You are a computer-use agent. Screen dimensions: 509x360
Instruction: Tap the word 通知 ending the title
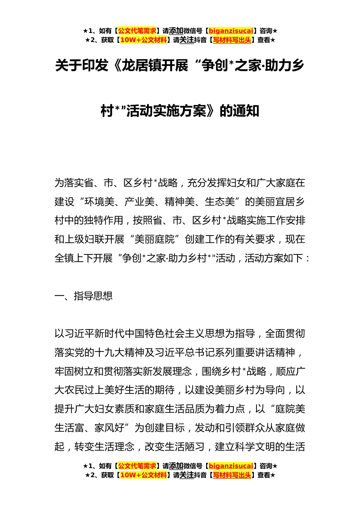pos(246,111)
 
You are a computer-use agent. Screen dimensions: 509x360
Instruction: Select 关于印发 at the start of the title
pos(81,66)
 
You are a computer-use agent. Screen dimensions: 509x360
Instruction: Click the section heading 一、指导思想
pos(84,296)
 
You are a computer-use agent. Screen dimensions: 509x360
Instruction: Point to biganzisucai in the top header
pos(231,31)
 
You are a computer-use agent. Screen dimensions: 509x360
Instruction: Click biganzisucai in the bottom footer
pos(231,466)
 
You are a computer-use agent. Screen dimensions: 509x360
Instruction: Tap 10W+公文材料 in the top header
pos(143,40)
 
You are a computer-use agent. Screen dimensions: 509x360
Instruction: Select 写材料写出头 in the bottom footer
pos(232,475)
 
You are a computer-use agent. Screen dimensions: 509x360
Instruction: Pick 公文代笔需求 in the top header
pos(137,31)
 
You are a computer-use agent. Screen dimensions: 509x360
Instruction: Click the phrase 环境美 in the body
pos(100,201)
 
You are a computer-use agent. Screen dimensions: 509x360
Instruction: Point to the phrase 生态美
pos(220,201)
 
